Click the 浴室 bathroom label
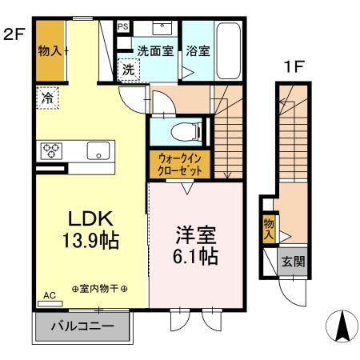point(198,51)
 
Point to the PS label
point(123,26)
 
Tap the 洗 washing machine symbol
point(128,70)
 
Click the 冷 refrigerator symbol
point(47,100)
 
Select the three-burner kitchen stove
point(52,149)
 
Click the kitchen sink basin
point(98,149)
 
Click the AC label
point(49,296)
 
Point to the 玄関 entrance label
point(291,261)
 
